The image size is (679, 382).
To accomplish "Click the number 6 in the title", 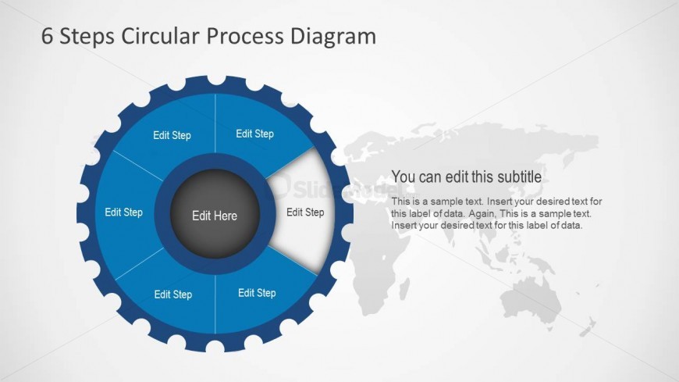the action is click(x=48, y=36).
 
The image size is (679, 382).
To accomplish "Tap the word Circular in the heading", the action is click(x=161, y=36).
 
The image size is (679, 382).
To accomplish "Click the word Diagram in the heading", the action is click(x=333, y=37).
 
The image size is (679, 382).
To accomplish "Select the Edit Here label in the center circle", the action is click(x=215, y=216).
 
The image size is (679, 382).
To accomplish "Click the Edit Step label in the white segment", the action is click(x=305, y=212).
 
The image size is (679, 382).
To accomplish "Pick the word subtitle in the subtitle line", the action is click(x=519, y=177).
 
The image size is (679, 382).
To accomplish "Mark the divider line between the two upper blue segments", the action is click(x=215, y=123).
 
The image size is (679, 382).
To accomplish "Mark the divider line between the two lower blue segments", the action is click(x=215, y=304).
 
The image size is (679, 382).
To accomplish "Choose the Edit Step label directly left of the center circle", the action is click(x=124, y=212).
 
